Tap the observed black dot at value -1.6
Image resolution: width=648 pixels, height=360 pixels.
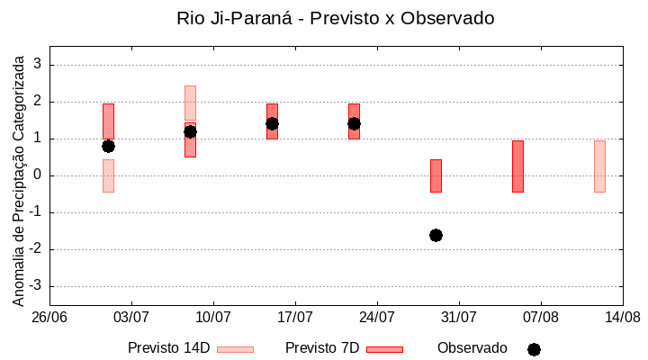[436, 235]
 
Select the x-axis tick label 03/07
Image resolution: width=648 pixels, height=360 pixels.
[131, 317]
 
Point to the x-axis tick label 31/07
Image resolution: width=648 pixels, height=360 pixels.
[459, 317]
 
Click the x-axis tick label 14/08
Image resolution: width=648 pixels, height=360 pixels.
[622, 317]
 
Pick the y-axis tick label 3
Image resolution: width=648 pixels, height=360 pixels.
[39, 65]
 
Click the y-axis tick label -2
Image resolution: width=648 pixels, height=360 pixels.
[36, 249]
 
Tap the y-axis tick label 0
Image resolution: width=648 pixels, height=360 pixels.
[39, 175]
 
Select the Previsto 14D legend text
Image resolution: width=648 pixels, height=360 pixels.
[168, 348]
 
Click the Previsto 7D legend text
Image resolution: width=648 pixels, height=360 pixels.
[322, 348]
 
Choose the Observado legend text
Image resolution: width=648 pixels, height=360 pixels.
[472, 348]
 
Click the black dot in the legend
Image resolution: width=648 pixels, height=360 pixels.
[534, 349]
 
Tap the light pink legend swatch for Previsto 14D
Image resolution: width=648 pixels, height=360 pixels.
[235, 349]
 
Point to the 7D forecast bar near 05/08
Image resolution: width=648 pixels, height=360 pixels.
[517, 166]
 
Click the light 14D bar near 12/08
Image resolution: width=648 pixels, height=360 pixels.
[599, 166]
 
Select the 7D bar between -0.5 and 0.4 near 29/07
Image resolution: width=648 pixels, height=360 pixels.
[436, 175]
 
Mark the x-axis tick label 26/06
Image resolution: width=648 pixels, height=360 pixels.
[49, 317]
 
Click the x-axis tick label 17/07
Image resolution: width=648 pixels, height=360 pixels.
[295, 317]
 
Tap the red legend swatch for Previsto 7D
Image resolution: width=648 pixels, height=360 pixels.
[384, 349]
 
